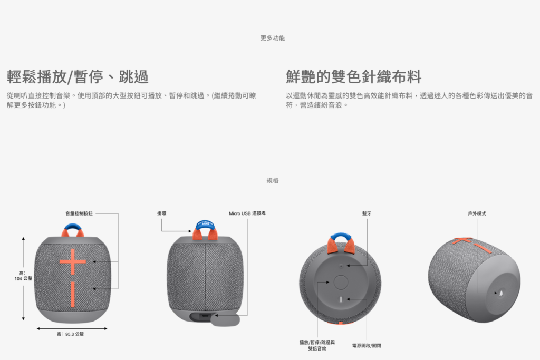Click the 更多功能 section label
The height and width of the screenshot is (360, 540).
click(x=273, y=38)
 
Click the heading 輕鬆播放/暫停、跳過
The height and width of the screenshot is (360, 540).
click(x=78, y=76)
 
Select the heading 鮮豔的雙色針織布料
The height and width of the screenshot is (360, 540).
click(x=353, y=76)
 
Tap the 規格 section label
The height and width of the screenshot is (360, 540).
click(x=273, y=180)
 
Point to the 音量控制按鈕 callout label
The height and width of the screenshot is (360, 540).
click(x=79, y=213)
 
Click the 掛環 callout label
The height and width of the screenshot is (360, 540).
click(x=161, y=213)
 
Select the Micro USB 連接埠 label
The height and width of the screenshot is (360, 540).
click(x=247, y=213)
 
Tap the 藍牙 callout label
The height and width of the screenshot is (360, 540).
click(x=367, y=213)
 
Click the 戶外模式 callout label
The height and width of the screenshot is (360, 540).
click(x=477, y=213)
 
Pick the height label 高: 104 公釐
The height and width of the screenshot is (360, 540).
click(x=23, y=276)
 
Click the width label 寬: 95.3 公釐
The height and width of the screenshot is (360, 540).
click(x=70, y=334)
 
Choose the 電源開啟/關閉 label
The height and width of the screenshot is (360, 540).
click(x=367, y=346)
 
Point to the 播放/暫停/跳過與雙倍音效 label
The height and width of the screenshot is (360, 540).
click(x=317, y=345)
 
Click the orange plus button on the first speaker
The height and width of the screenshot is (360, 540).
click(x=73, y=261)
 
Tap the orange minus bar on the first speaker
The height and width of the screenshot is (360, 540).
click(x=73, y=294)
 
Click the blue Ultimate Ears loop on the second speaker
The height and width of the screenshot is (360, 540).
click(x=205, y=224)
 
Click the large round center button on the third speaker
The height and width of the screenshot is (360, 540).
click(x=341, y=282)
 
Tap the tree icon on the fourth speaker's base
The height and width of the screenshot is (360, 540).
click(x=501, y=293)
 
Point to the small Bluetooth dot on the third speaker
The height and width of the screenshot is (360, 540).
click(x=341, y=266)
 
